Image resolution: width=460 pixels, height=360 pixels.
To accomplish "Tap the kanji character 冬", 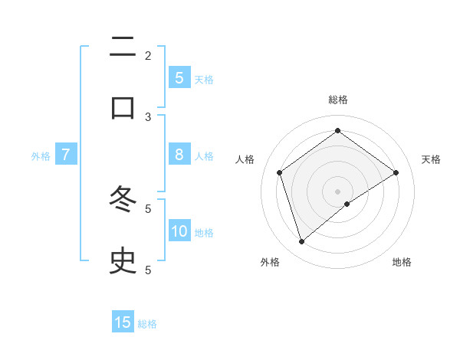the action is [123, 201].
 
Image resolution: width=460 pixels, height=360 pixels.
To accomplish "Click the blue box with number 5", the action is [179, 77].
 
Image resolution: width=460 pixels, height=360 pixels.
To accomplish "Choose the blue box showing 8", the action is [179, 155].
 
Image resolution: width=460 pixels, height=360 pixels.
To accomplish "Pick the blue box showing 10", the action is [179, 231].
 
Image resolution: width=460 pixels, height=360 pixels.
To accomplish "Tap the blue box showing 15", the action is [123, 322].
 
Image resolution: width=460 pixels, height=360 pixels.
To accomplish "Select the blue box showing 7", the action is [66, 155].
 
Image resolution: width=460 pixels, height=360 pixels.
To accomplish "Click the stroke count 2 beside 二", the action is [148, 55].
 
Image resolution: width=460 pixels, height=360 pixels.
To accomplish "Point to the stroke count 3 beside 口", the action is [148, 116].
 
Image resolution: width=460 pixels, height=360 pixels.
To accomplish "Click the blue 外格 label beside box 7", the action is [41, 156].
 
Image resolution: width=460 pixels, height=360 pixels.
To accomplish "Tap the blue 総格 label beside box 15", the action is [147, 324].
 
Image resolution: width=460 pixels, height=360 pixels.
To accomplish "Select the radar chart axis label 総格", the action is [338, 100].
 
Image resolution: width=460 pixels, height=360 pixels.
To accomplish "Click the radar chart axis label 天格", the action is [431, 159].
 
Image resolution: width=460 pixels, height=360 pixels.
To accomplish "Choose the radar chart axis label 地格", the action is [402, 262].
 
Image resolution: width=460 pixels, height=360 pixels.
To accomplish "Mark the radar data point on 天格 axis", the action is [396, 172].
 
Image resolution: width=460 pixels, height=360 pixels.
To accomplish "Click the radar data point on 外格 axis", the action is [302, 242].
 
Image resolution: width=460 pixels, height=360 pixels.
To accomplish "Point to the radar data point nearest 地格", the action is [347, 204].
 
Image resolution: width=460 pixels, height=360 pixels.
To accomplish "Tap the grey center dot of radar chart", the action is [338, 191].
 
